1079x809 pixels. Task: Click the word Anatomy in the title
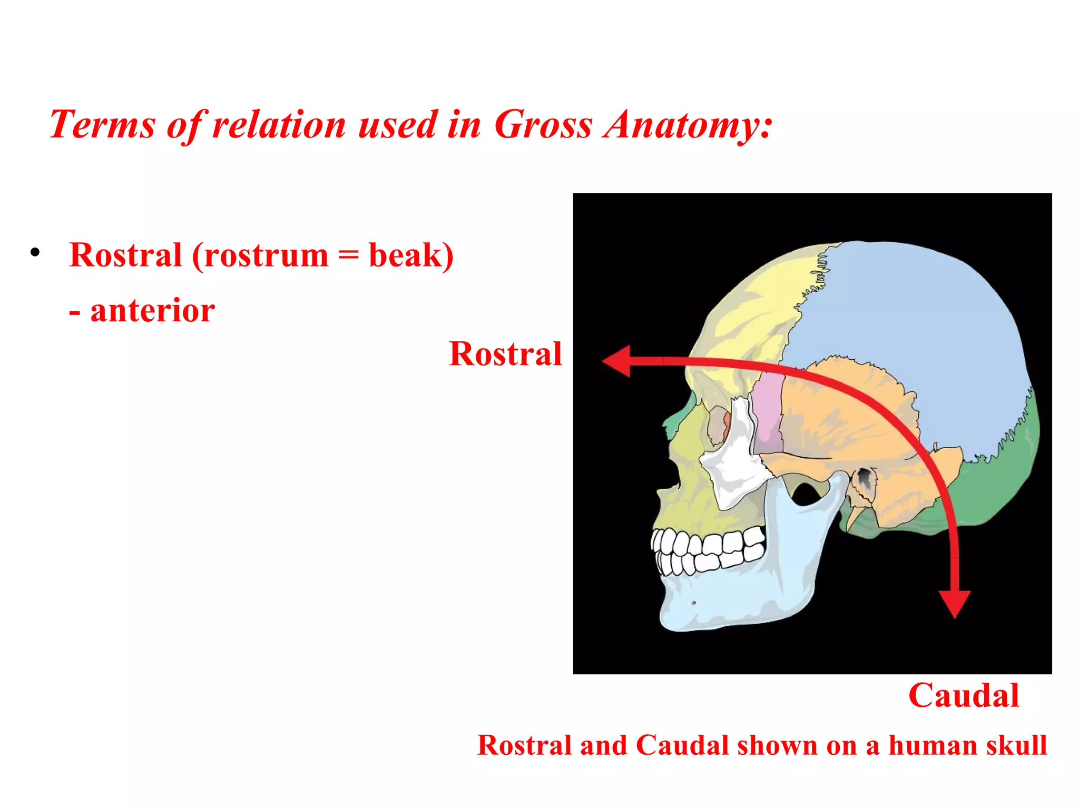pyautogui.click(x=688, y=125)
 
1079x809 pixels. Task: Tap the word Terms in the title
pyautogui.click(x=102, y=125)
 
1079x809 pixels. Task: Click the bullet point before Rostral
pyautogui.click(x=35, y=252)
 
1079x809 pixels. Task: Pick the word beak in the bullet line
pyautogui.click(x=405, y=255)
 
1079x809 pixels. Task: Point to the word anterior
pyautogui.click(x=152, y=310)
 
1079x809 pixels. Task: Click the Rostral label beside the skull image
pyautogui.click(x=505, y=353)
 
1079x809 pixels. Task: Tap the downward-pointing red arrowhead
pyautogui.click(x=955, y=604)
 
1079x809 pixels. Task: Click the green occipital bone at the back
pyautogui.click(x=1001, y=485)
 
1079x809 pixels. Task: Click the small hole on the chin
pyautogui.click(x=693, y=603)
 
